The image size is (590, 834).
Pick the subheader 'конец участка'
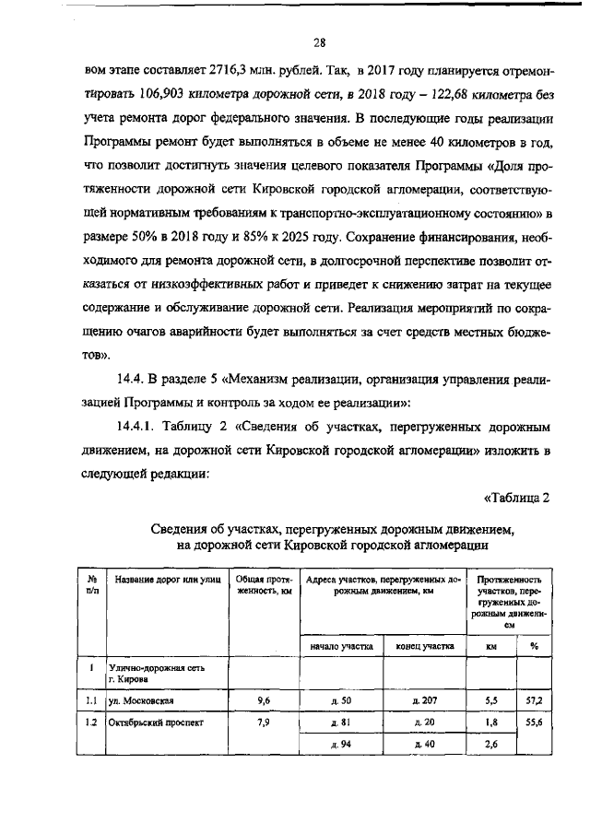(424, 647)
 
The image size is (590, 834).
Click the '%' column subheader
(534, 647)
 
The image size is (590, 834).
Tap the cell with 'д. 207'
(424, 700)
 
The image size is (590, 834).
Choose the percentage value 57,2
(534, 700)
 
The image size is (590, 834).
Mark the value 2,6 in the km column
(491, 744)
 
